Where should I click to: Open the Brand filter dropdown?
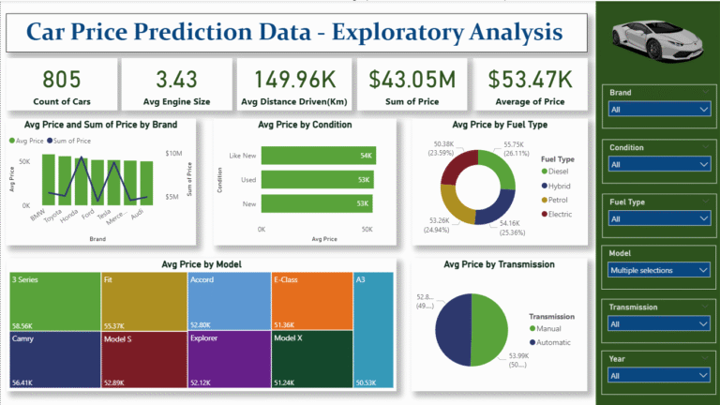[657, 110]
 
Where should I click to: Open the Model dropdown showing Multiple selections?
[657, 270]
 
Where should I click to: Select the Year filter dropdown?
[657, 375]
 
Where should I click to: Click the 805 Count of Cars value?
[61, 79]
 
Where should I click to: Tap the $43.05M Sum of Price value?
[410, 79]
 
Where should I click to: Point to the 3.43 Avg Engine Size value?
[176, 79]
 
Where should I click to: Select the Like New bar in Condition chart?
[319, 156]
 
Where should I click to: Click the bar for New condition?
[318, 203]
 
